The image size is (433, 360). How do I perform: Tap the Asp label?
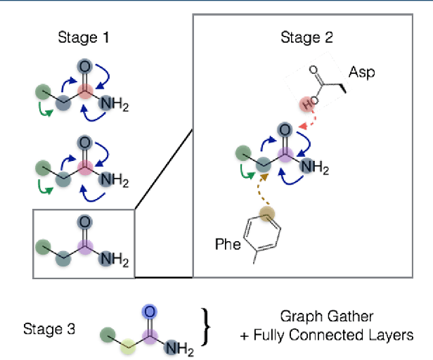pos(363,72)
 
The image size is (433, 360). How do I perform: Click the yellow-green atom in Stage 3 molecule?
pos(127,345)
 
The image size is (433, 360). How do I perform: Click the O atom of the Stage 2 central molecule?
pos(285,131)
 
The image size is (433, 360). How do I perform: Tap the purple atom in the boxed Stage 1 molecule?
pos(85,247)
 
